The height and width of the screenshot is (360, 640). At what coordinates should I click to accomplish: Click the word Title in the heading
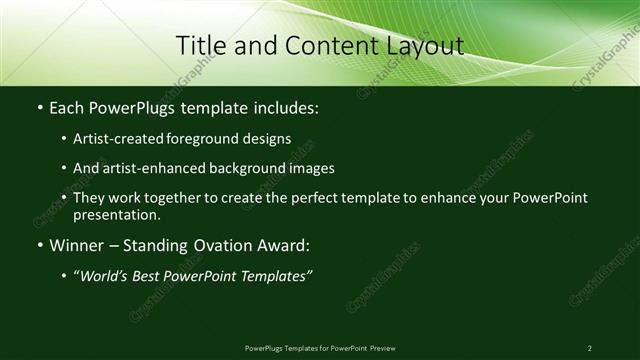click(200, 45)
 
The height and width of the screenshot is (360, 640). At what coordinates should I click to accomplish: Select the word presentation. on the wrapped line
click(117, 214)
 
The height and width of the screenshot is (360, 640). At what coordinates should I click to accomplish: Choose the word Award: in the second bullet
click(285, 245)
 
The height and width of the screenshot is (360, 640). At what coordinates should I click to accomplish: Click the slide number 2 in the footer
click(590, 347)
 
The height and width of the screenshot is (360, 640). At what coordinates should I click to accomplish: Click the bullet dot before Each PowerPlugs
click(39, 107)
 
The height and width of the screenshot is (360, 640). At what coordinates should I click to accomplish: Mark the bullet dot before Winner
click(39, 245)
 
